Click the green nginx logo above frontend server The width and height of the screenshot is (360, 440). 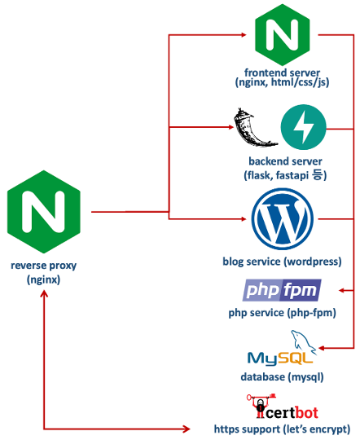(x=283, y=35)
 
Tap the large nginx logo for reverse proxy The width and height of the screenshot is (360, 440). (x=44, y=212)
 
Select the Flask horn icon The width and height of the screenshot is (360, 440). (x=254, y=128)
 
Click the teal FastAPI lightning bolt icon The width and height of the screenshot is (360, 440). (x=303, y=127)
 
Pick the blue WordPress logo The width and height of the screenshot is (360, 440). (x=283, y=219)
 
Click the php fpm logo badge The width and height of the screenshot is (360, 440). (x=282, y=290)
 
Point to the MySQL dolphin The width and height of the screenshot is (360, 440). (x=304, y=341)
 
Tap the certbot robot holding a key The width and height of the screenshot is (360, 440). (x=261, y=406)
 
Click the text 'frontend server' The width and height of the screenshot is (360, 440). (x=282, y=73)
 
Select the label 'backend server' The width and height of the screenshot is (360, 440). (x=285, y=161)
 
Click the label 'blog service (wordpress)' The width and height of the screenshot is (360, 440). (x=282, y=262)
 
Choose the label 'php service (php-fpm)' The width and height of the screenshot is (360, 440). (x=282, y=313)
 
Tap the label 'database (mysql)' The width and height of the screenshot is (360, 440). (x=282, y=376)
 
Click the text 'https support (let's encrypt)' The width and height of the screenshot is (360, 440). (x=282, y=429)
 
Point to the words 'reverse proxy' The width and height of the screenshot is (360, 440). (x=43, y=266)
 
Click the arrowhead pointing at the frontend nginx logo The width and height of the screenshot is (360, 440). (x=243, y=35)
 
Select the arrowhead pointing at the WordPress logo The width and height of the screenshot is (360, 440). (x=243, y=219)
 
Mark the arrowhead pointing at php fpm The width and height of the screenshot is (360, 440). (x=342, y=290)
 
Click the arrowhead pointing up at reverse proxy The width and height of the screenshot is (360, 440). (x=44, y=294)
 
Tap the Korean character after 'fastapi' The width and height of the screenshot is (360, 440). (x=318, y=175)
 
